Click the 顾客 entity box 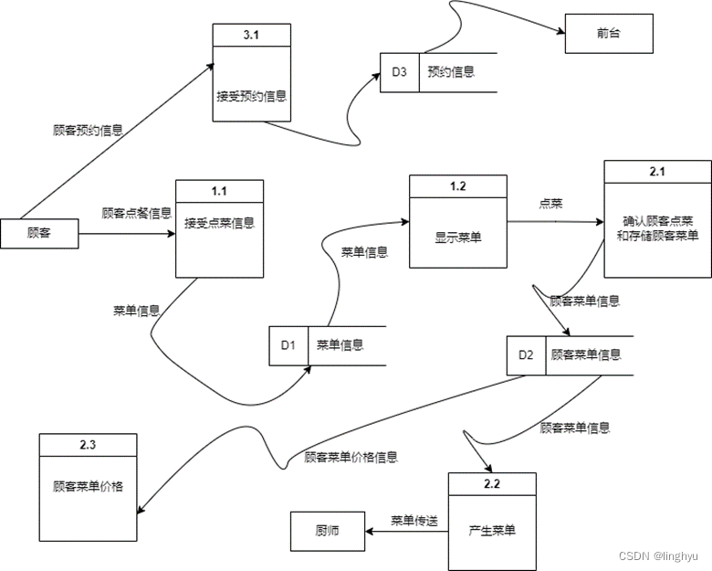coord(39,234)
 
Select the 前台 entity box coord(607,35)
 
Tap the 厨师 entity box coord(327,530)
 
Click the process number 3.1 coord(252,34)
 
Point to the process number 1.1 coord(219,191)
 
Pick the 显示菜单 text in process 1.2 coord(458,237)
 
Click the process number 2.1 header coord(657,172)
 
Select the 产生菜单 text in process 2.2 coord(492,530)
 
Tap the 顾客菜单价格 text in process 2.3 coord(88,486)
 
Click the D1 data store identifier coord(288,345)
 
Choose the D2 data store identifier coord(526,354)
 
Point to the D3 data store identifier coord(399,71)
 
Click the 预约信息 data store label coord(450,71)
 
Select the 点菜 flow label coord(550,204)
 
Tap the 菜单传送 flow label coord(414,521)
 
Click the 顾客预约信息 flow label coord(88,131)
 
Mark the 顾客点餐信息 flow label coord(136,213)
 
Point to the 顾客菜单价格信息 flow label coord(351,457)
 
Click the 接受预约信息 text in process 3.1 coord(252,95)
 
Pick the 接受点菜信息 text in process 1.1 coord(219,222)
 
